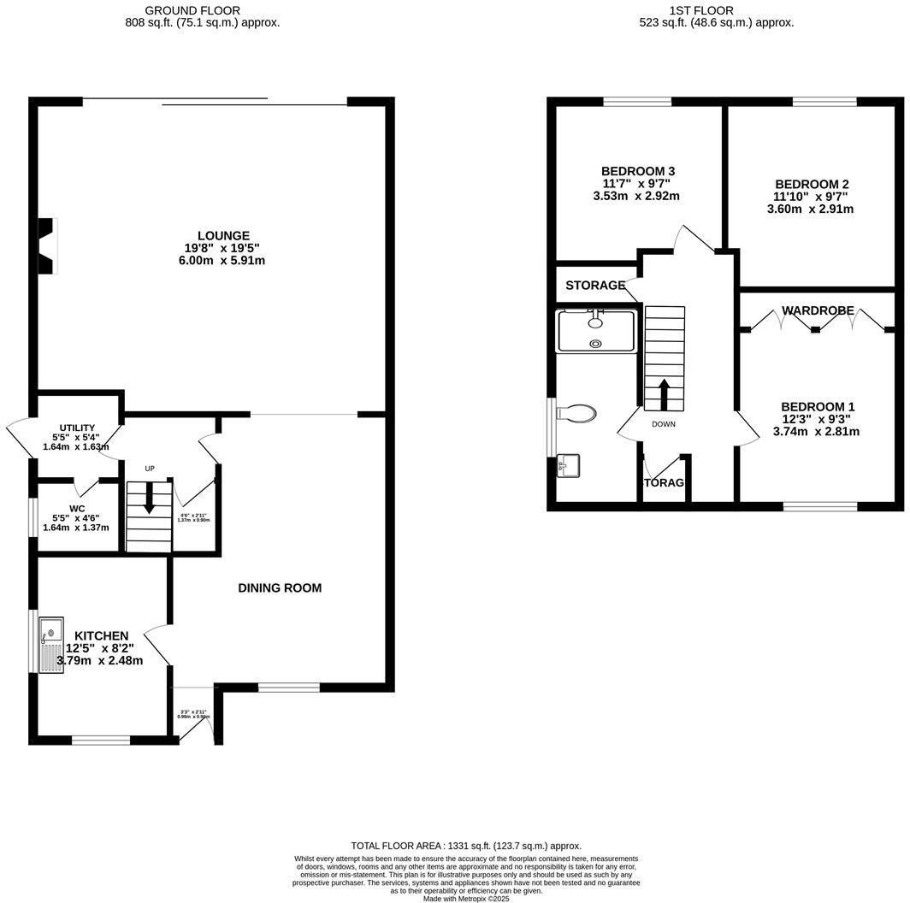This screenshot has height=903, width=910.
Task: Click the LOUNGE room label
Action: (223, 236)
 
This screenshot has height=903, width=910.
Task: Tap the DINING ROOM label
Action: (280, 588)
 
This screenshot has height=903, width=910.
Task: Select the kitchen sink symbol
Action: (50, 643)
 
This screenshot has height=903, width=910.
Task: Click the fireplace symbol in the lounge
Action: (46, 246)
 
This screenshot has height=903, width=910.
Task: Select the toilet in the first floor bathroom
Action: (576, 414)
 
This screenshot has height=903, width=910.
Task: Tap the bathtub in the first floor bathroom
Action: (596, 332)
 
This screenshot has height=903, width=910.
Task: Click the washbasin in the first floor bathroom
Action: (567, 467)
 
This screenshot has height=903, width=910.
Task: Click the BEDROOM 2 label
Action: (812, 185)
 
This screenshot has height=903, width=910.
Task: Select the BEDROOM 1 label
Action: (817, 407)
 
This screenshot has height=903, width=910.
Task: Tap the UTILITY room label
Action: (77, 428)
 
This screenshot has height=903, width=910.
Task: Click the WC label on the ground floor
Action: (77, 508)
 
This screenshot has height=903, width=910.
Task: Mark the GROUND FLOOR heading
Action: (192, 10)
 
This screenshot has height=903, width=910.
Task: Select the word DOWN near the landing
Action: (664, 424)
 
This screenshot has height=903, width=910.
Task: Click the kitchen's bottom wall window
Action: (100, 740)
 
